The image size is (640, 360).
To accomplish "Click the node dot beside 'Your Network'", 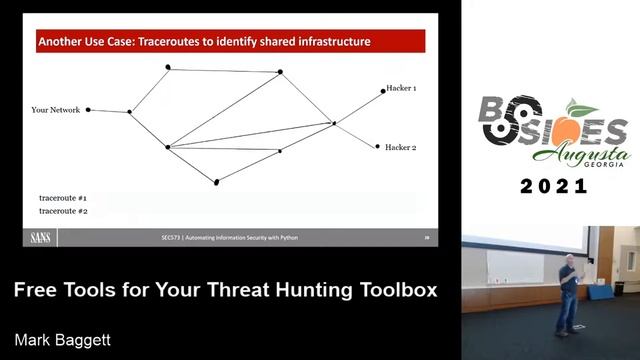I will tap(88, 110).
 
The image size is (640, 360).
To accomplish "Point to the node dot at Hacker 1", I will tap(383, 91).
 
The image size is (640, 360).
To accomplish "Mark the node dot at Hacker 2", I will tap(377, 146).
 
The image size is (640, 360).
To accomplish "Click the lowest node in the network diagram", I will tap(216, 182).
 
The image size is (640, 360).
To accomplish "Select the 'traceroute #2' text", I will tap(63, 211).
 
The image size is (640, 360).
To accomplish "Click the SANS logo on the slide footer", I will tap(41, 238).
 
